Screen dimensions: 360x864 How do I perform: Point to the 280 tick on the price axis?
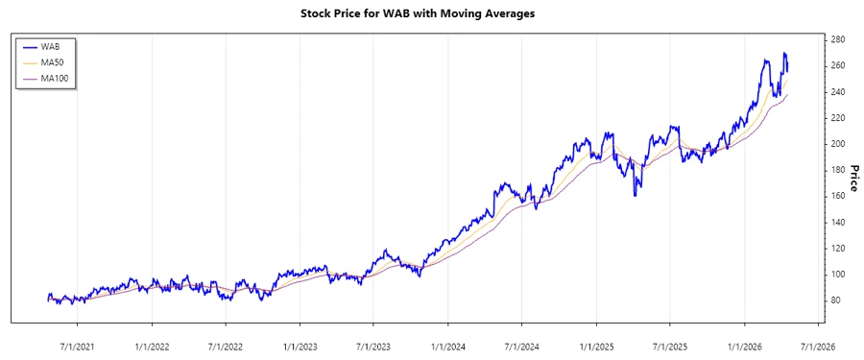[839, 39]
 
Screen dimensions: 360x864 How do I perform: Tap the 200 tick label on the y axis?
[839, 144]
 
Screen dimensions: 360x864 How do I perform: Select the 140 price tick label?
[839, 222]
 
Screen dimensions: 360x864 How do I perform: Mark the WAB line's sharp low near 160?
[635, 196]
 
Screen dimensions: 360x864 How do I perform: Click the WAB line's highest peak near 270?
[784, 54]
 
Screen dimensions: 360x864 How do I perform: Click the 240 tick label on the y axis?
[839, 92]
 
